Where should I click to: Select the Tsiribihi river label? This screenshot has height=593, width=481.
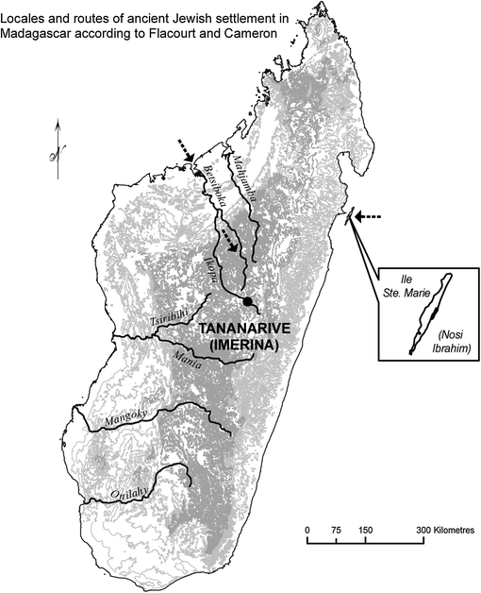click(164, 318)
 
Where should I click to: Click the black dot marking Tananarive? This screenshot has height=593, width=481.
click(248, 301)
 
